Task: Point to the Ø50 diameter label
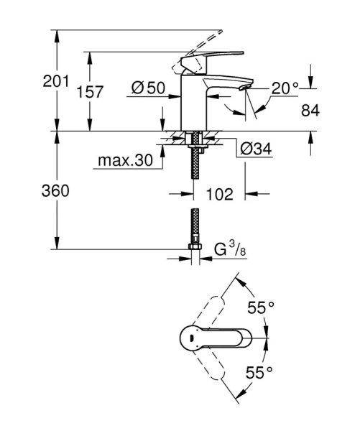point(149,88)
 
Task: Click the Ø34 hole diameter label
point(255,149)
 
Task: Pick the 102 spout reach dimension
point(218,193)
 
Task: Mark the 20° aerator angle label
point(285,88)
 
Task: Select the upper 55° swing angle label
point(260,308)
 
